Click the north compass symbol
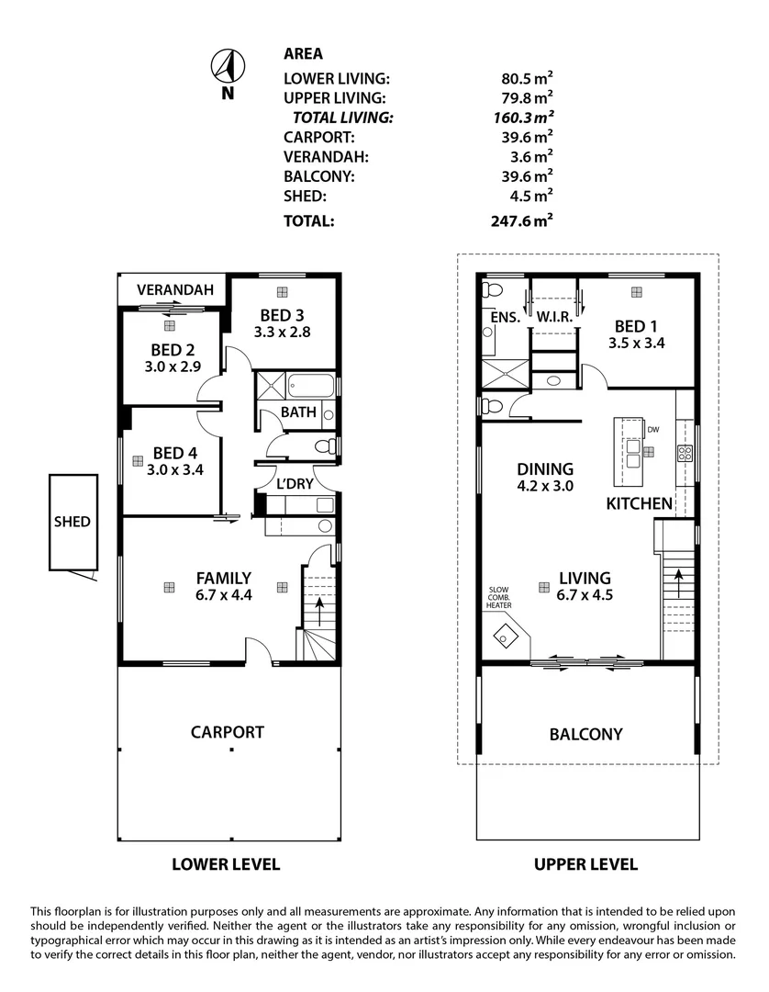click(226, 66)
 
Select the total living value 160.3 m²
click(523, 118)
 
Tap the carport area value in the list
click(523, 137)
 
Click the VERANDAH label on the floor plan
click(175, 290)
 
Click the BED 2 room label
click(173, 349)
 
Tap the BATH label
click(298, 412)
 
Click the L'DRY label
click(295, 483)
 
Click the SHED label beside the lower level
click(72, 522)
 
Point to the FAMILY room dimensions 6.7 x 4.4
click(223, 594)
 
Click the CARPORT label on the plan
click(228, 732)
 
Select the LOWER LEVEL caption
click(226, 864)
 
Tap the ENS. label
click(506, 317)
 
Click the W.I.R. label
click(555, 317)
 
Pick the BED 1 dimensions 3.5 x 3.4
click(636, 343)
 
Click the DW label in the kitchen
click(653, 429)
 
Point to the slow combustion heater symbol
click(506, 634)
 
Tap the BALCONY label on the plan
click(585, 734)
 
